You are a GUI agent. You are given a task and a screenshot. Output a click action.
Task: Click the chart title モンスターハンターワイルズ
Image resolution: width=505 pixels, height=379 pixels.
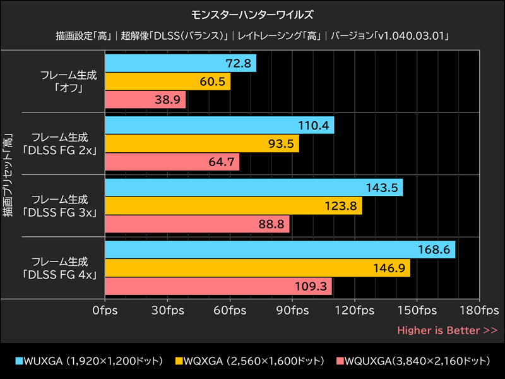pyautogui.click(x=252, y=14)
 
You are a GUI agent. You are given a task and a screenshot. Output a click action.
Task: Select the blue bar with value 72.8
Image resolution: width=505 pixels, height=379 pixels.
pyautogui.click(x=181, y=63)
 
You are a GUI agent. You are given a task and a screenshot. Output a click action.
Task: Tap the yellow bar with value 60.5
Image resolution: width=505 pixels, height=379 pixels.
pyautogui.click(x=168, y=81)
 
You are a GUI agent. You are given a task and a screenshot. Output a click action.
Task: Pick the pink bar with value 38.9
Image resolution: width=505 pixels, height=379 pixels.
pyautogui.click(x=145, y=100)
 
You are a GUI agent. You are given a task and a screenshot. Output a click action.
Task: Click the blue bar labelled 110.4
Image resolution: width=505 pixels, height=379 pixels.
pyautogui.click(x=220, y=125)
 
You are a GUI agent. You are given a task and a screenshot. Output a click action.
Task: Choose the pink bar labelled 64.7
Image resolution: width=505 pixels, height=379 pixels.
pyautogui.click(x=172, y=162)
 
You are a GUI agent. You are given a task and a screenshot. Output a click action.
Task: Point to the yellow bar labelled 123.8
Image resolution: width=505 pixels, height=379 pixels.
pyautogui.click(x=234, y=205)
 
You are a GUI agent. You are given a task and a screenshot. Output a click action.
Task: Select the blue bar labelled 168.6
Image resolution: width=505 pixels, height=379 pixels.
pyautogui.click(x=280, y=250)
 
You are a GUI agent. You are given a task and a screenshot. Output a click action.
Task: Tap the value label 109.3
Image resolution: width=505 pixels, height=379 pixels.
pyautogui.click(x=314, y=286)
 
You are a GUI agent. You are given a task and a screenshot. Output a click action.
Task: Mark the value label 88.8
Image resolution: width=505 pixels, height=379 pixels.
pyautogui.click(x=271, y=224)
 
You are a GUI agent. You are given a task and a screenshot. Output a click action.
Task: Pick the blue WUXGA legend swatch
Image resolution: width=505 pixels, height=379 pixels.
pyautogui.click(x=19, y=361)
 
